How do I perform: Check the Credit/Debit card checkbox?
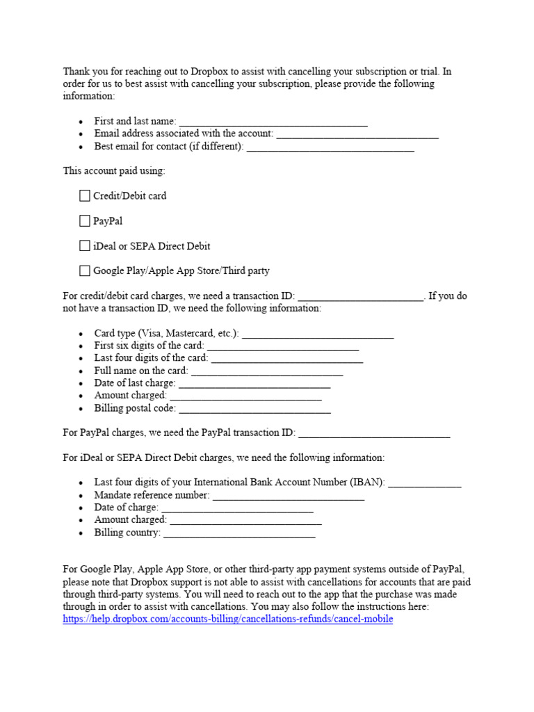point(85,196)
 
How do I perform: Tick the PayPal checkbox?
point(85,221)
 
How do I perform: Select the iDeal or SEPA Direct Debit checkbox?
point(85,246)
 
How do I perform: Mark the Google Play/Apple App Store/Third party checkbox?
point(85,271)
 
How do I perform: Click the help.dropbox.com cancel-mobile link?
point(227,619)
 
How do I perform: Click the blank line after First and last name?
point(273,122)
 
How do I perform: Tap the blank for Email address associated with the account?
point(357,134)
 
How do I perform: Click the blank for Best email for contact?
point(330,147)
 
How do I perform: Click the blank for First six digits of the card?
point(283,346)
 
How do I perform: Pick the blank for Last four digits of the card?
point(286,359)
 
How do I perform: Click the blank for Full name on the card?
point(267,371)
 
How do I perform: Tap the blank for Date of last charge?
point(254,384)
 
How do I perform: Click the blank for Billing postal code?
point(254,409)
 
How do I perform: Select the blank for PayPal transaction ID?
point(374,433)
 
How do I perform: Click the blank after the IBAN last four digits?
point(424,483)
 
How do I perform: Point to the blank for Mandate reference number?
point(289,496)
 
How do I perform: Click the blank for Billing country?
point(239,533)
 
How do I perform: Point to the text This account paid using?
point(114,170)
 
